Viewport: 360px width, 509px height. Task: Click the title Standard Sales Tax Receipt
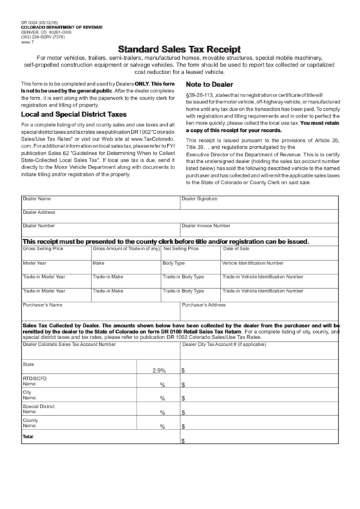(179, 49)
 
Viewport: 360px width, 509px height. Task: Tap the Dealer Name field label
(37, 198)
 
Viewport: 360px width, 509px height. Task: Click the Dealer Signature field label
(199, 198)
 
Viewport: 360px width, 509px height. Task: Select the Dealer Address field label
(39, 212)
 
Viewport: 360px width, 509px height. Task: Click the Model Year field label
(35, 262)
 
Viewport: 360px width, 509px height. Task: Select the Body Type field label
(173, 262)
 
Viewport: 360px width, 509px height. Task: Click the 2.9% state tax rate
(160, 370)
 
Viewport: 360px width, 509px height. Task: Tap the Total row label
(28, 436)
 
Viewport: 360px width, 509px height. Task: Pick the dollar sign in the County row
(183, 427)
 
